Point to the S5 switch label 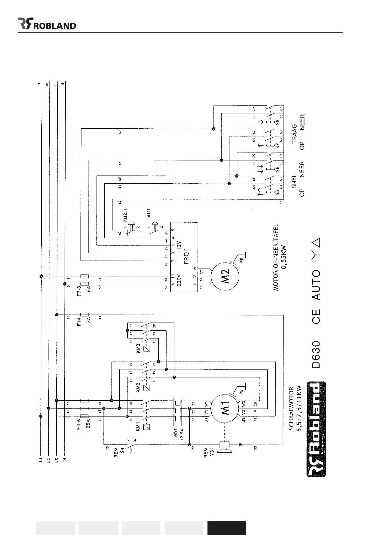pyautogui.click(x=277, y=192)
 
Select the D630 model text pyautogui.click(x=316, y=354)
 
